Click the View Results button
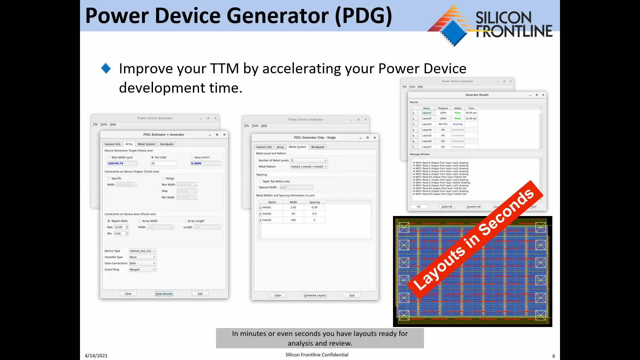164,294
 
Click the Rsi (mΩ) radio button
152,157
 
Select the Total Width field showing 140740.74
122,163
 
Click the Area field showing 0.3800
205,163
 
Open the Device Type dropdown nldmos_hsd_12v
143,251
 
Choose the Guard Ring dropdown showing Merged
143,270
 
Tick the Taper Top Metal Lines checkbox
260,181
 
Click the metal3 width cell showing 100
293,220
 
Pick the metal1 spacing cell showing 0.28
314,207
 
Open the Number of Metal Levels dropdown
309,160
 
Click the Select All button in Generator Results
447,207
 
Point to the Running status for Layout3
458,124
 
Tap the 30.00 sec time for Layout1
471,113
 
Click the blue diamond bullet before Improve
106,68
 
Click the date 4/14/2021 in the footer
96,356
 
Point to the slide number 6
554,356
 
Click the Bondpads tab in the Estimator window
167,144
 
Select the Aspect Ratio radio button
109,221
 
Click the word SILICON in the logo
503,17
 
